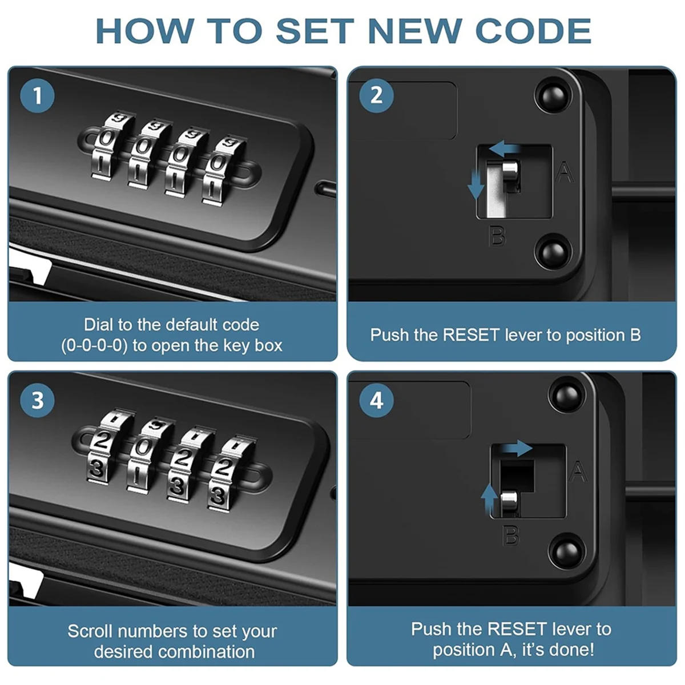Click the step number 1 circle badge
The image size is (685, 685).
pos(37,96)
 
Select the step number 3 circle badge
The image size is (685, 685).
pos(37,401)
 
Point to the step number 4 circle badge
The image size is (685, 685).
pos(376,401)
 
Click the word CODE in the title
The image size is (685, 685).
pos(533,31)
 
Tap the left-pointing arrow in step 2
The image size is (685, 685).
pos(505,148)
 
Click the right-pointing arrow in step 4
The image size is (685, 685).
pos(518,448)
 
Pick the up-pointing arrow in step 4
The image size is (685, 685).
pos(489,499)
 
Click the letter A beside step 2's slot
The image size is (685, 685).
pos(565,172)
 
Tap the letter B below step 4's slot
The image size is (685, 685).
pos(511,535)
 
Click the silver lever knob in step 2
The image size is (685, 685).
pos(510,174)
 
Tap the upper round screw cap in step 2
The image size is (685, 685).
pos(554,96)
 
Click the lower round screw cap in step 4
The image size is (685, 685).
pos(567,551)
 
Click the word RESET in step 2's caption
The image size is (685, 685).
pos(471,335)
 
